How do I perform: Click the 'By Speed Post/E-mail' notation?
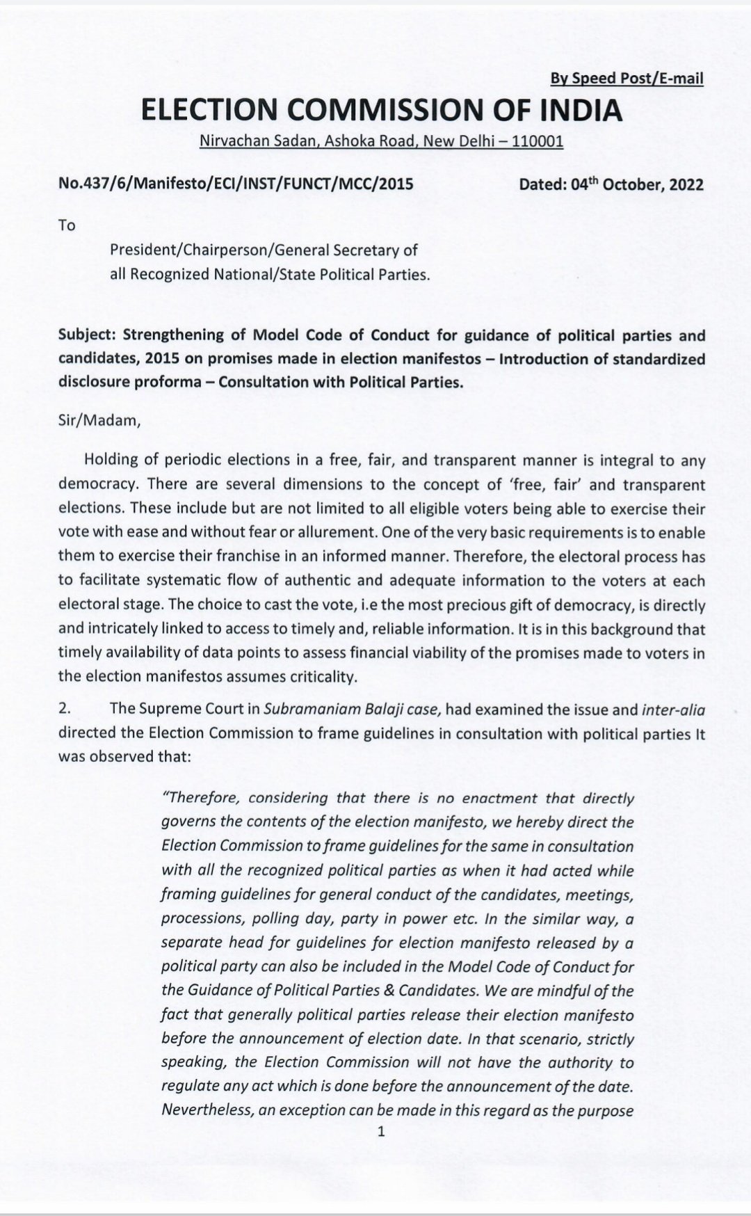point(627,79)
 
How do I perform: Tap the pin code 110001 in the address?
point(537,141)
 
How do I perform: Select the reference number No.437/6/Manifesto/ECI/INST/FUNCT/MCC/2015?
point(236,184)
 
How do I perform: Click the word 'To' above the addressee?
point(67,225)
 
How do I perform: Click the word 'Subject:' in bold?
point(88,335)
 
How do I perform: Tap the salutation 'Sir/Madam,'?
point(99,422)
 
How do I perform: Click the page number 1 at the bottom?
point(380,1132)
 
